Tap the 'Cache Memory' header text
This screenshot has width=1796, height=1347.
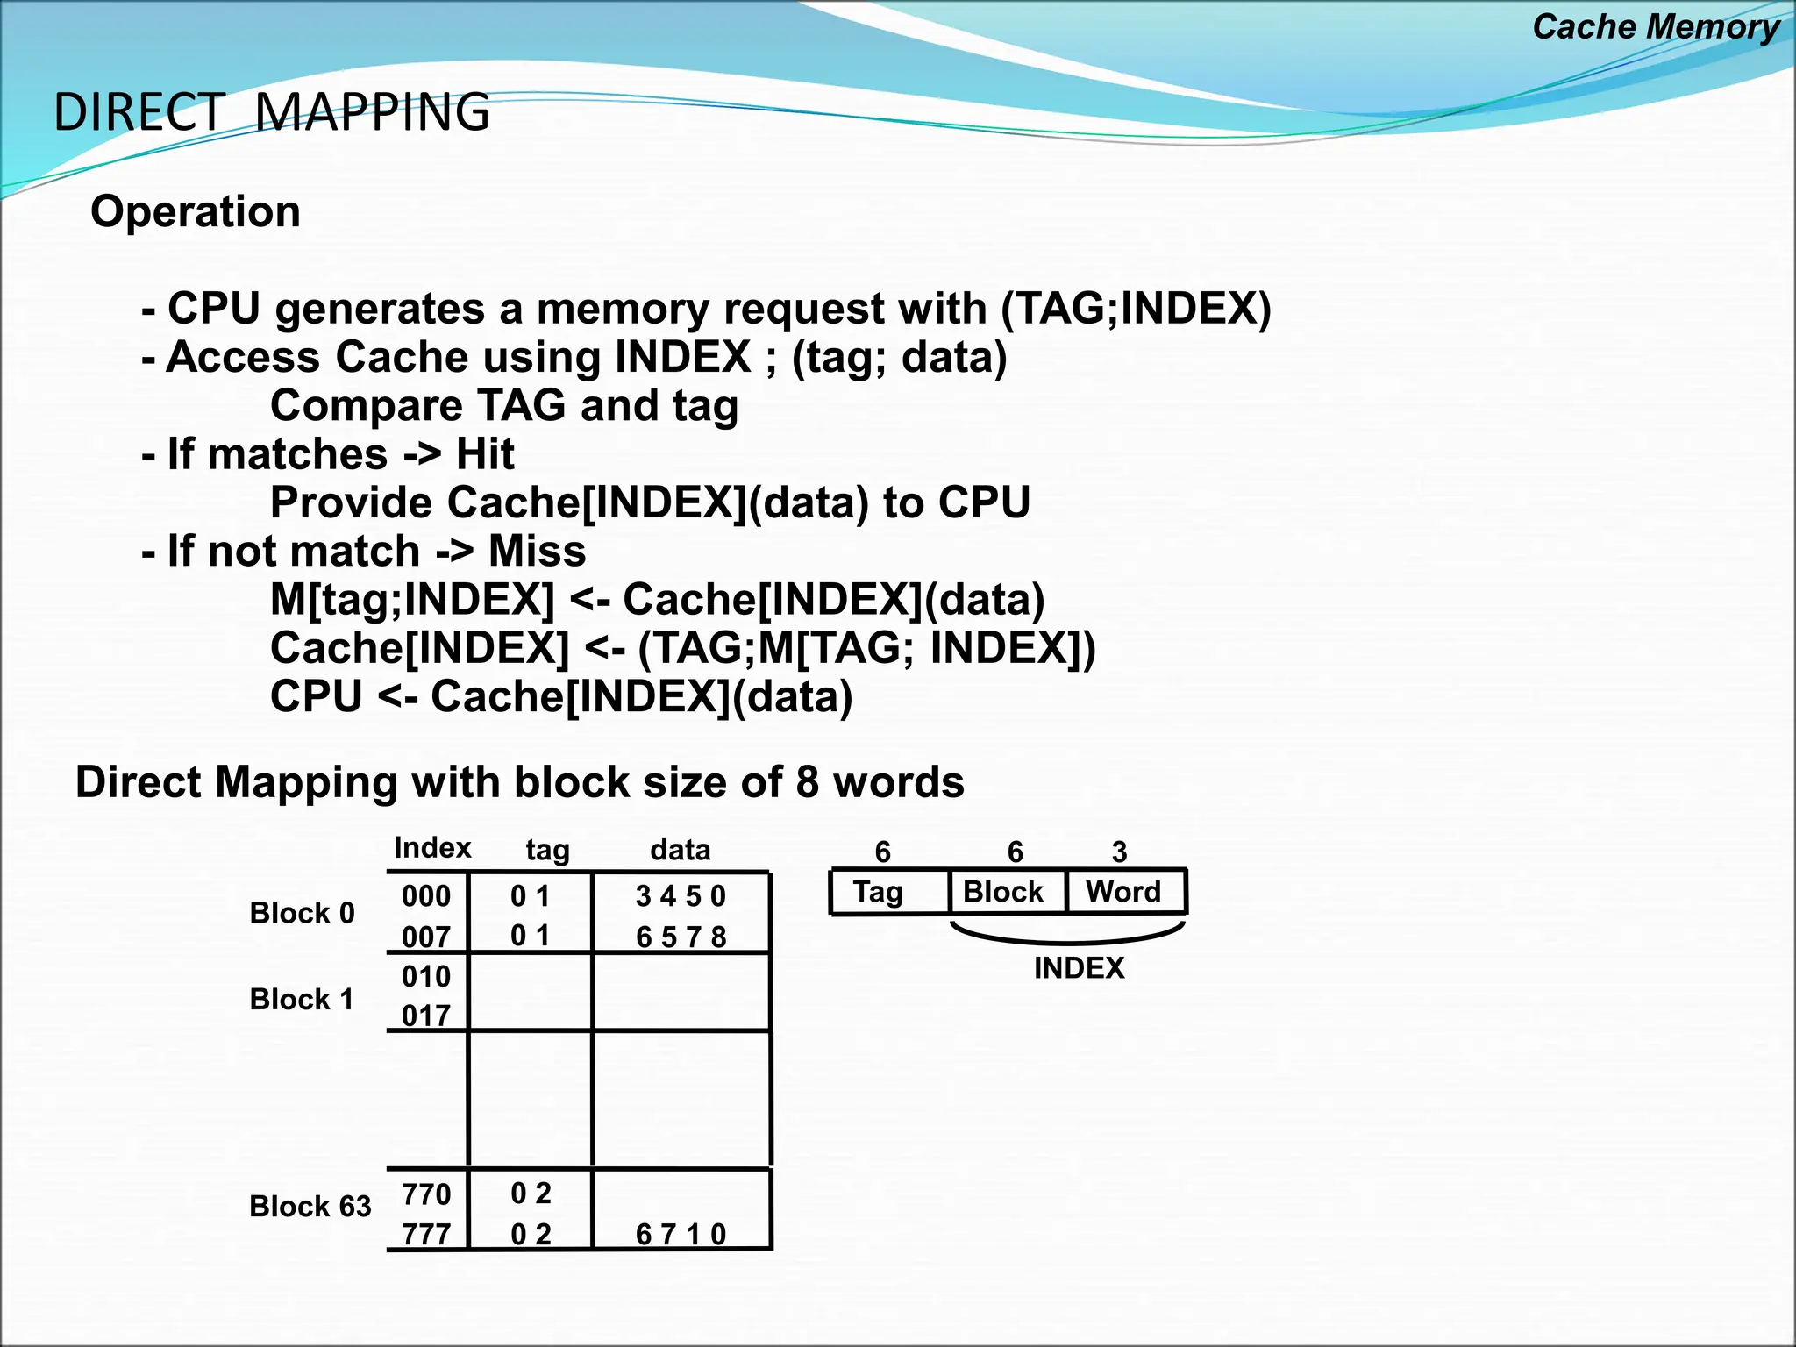(x=1655, y=26)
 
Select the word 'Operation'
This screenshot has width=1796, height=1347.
(x=196, y=211)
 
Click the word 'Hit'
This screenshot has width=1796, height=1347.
(x=485, y=454)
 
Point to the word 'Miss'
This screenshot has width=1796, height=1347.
(x=537, y=552)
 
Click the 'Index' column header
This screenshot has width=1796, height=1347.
(x=432, y=848)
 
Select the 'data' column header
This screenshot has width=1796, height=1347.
(x=681, y=850)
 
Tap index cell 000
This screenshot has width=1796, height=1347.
(x=426, y=896)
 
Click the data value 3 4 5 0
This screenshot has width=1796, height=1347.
(x=681, y=896)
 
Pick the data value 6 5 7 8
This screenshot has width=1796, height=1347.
(x=681, y=937)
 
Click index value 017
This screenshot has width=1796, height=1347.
(x=426, y=1016)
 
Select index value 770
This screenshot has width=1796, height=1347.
(x=426, y=1194)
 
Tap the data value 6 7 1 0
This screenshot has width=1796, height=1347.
(x=681, y=1235)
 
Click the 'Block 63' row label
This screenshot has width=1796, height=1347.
(x=310, y=1207)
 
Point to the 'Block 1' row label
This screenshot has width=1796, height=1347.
(x=302, y=1000)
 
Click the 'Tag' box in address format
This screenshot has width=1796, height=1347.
(x=879, y=892)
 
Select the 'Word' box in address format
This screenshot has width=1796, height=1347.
(x=1123, y=892)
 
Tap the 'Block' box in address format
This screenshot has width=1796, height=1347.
(x=1003, y=892)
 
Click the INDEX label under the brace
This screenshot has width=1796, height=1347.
(x=1079, y=968)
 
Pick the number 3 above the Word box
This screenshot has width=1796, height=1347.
(x=1119, y=852)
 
